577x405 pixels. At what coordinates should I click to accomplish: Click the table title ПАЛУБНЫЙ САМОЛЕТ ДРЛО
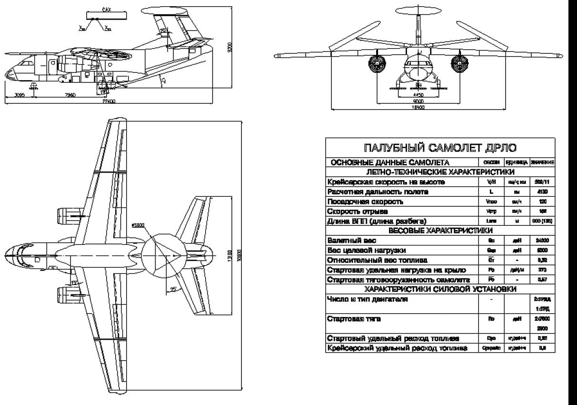440,148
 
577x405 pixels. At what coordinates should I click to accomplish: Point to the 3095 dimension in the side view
20,95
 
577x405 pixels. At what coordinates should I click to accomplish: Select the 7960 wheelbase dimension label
70,95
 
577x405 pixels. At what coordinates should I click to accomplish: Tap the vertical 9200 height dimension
229,47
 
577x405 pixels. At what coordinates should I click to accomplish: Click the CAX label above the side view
107,9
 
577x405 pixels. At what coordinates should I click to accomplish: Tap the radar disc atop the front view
419,15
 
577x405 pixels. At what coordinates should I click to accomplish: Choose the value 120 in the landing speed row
543,202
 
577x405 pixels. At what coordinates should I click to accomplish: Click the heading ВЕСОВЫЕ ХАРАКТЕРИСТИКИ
440,231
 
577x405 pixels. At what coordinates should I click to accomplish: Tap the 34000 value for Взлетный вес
543,241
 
